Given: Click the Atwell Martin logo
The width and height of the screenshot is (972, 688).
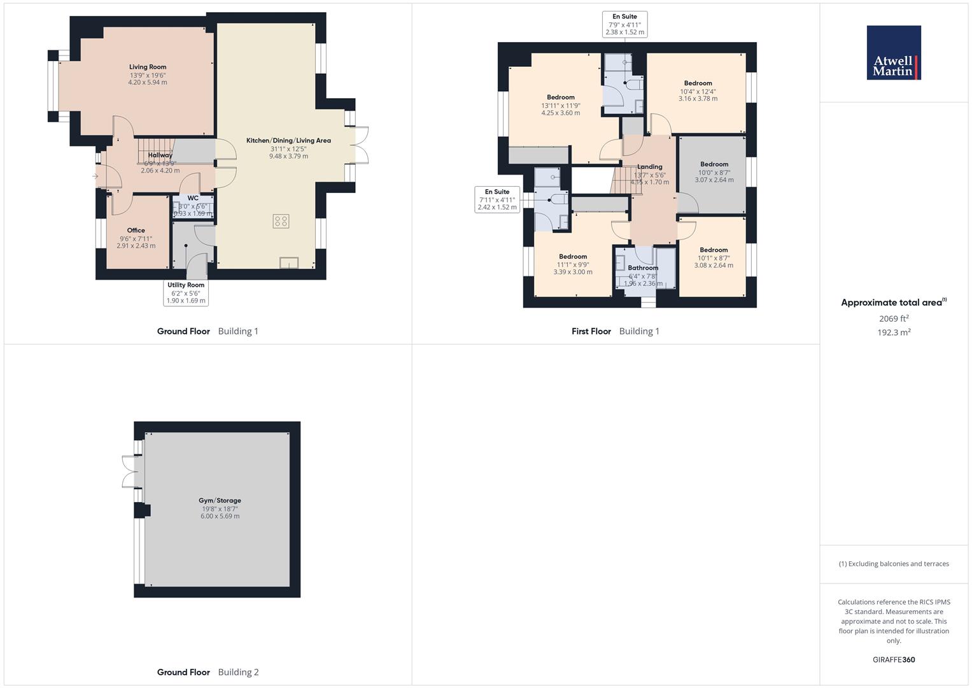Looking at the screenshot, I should pyautogui.click(x=894, y=53).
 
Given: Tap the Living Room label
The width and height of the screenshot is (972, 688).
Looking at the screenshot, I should pyautogui.click(x=148, y=67).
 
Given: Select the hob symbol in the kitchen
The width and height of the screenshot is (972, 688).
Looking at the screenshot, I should pyautogui.click(x=281, y=221).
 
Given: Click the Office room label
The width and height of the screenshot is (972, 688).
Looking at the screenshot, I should pyautogui.click(x=136, y=231).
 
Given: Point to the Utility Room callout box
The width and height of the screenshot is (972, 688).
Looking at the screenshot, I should pyautogui.click(x=186, y=292).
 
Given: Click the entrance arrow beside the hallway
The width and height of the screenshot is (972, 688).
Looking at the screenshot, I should pyautogui.click(x=95, y=176).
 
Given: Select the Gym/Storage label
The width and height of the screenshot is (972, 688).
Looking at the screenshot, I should pyautogui.click(x=220, y=501).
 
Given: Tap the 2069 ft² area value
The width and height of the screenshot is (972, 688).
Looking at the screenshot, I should pyautogui.click(x=893, y=319).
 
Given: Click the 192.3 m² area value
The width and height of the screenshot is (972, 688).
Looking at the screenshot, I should pyautogui.click(x=893, y=333).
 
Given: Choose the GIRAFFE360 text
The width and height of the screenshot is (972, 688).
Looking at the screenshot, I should pyautogui.click(x=893, y=660).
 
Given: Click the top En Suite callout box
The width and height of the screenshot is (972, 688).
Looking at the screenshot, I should pyautogui.click(x=624, y=24).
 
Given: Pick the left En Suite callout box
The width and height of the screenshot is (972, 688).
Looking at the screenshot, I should pyautogui.click(x=497, y=199).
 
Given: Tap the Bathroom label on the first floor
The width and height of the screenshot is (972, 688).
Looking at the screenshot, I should pyautogui.click(x=643, y=268).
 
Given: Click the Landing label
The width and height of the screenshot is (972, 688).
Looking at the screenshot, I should pyautogui.click(x=650, y=167).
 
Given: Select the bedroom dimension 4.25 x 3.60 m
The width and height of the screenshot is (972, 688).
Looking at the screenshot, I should pyautogui.click(x=561, y=113).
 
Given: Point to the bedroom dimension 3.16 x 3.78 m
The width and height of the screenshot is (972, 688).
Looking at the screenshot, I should pyautogui.click(x=698, y=99).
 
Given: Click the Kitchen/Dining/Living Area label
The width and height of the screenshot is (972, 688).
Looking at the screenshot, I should pyautogui.click(x=288, y=141).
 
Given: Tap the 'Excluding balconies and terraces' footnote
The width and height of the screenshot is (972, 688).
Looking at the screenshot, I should pyautogui.click(x=894, y=564).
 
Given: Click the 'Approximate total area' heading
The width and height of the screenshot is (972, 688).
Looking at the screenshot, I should pyautogui.click(x=893, y=303).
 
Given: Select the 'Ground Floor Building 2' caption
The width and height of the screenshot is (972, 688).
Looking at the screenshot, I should pyautogui.click(x=208, y=672).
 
